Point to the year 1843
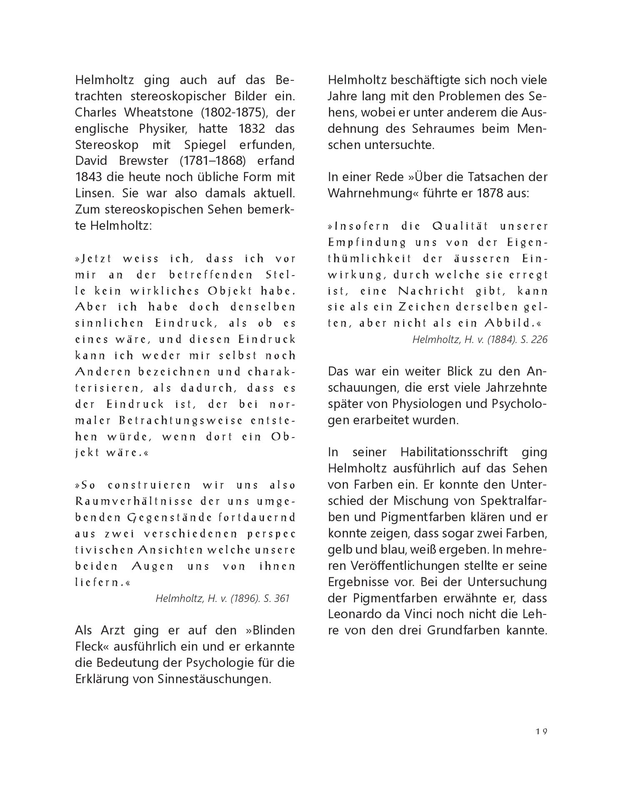(89, 177)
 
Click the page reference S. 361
(277, 599)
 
